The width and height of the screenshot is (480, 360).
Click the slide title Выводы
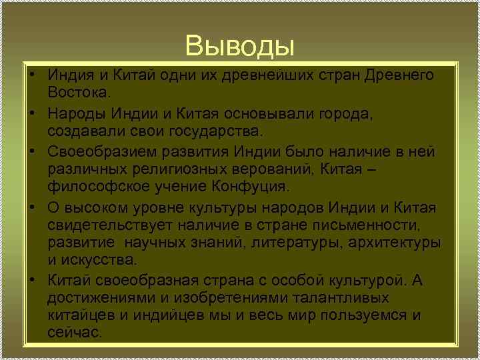pos(240,46)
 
